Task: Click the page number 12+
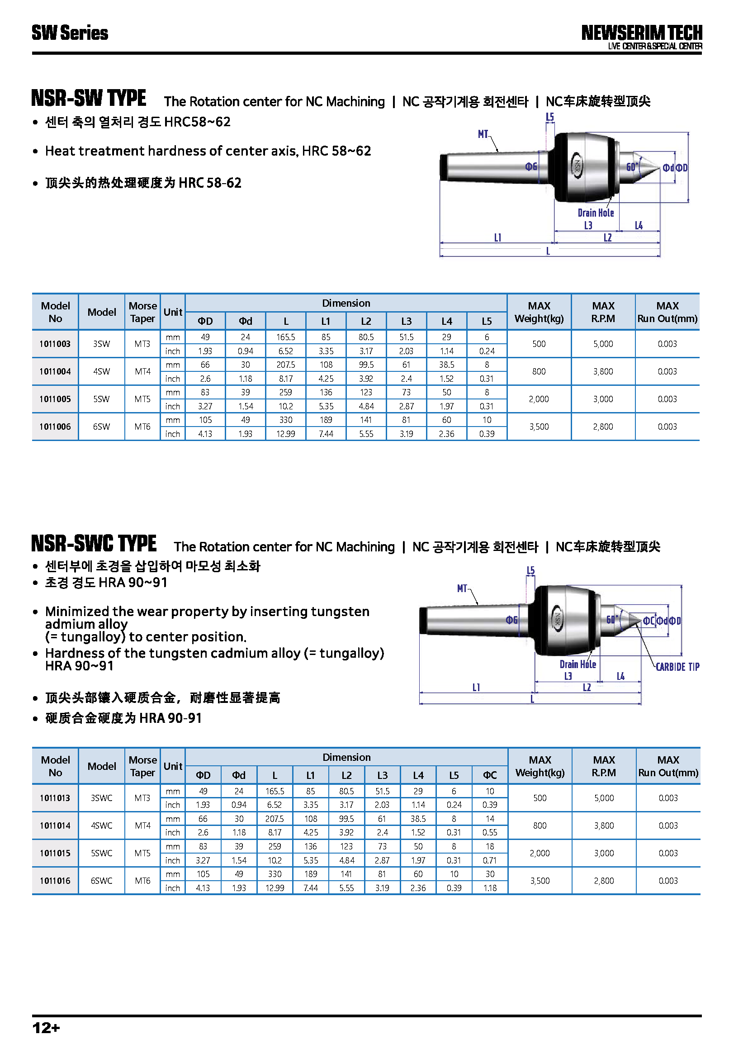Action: point(46,1028)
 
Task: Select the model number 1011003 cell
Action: point(55,344)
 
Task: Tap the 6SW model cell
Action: point(101,427)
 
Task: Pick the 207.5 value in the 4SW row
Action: point(285,365)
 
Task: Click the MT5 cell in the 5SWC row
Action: point(142,853)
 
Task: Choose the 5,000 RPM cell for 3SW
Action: point(603,344)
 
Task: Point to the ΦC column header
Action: point(490,775)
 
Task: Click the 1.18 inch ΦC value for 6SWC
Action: point(490,887)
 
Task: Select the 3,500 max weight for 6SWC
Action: point(540,881)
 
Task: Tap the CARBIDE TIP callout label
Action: point(677,667)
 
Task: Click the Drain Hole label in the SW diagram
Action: point(596,213)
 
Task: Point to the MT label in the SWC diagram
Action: point(462,588)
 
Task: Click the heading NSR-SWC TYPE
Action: point(94,544)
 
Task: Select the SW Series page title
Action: point(70,33)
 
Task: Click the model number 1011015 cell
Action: point(55,853)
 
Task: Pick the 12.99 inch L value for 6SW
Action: point(285,434)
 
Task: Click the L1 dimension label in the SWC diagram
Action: point(476,688)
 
